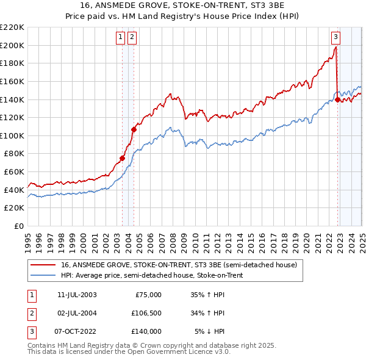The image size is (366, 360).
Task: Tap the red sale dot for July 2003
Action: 122,158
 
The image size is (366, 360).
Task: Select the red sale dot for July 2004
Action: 134,129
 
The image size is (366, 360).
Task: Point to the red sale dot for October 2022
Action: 337,99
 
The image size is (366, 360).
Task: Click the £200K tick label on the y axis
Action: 12,45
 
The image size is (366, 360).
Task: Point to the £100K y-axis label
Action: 12,135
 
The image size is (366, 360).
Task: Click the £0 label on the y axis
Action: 18,226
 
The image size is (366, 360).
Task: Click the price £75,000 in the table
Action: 148,294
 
